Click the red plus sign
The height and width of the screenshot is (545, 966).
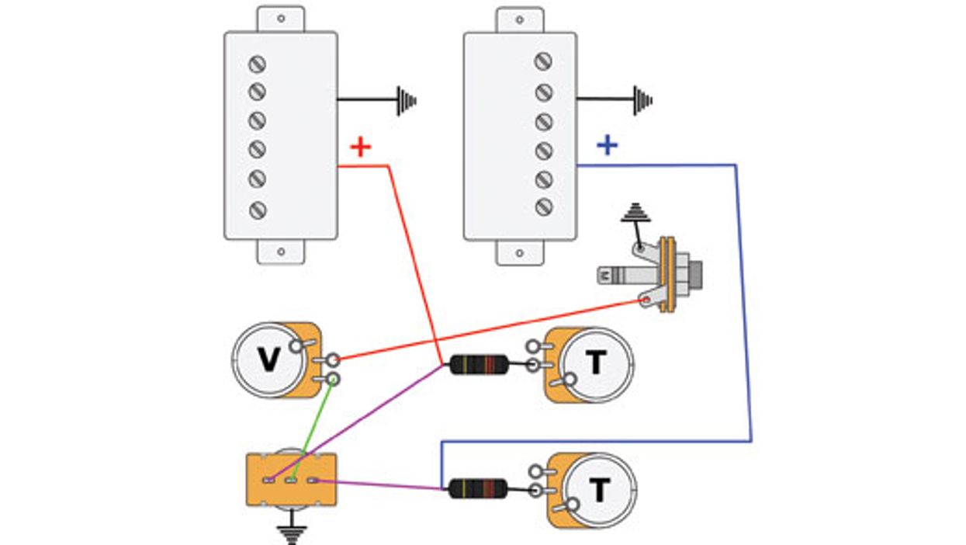(x=360, y=147)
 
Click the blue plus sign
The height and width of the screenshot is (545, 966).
(x=607, y=145)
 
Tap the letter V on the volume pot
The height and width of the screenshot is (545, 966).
(x=268, y=359)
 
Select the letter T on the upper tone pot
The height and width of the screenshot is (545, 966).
(x=595, y=363)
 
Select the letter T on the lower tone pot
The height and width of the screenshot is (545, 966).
(x=598, y=490)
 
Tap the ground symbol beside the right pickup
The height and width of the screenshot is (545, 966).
(x=642, y=100)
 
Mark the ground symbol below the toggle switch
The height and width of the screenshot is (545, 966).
(x=291, y=533)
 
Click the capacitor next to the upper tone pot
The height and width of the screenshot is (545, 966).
(x=479, y=364)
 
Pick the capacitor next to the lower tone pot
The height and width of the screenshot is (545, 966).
(x=478, y=488)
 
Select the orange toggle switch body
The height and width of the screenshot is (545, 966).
(x=291, y=481)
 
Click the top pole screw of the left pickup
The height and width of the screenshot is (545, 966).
(x=257, y=64)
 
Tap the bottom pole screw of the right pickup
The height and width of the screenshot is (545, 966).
(x=544, y=207)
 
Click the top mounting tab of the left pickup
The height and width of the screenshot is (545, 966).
(x=281, y=18)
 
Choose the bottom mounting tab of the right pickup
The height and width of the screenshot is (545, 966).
(x=520, y=252)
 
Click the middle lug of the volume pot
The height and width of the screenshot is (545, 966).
(x=332, y=359)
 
